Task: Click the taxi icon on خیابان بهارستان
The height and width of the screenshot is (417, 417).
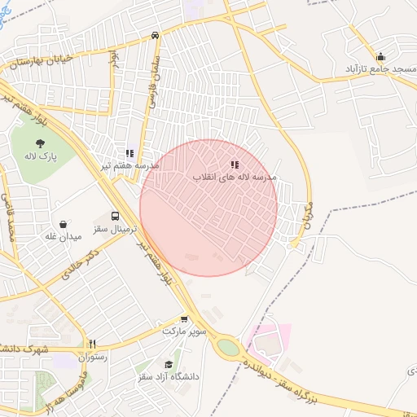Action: pyautogui.click(x=155, y=36)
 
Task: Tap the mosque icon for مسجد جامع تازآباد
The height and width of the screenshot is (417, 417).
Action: pyautogui.click(x=380, y=57)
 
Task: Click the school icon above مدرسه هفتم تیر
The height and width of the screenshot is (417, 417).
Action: pyautogui.click(x=129, y=152)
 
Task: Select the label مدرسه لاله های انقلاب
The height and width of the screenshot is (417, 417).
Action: pyautogui.click(x=235, y=177)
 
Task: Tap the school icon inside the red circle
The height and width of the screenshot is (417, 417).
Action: pyautogui.click(x=235, y=165)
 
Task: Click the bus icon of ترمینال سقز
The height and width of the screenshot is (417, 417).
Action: pyautogui.click(x=115, y=217)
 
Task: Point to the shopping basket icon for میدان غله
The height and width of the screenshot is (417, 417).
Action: pyautogui.click(x=64, y=224)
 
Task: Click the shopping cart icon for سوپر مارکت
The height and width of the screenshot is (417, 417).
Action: pyautogui.click(x=184, y=319)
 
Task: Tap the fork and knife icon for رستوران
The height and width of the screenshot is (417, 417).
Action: pyautogui.click(x=92, y=344)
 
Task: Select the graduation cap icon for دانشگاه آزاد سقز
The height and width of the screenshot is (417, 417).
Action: pyautogui.click(x=169, y=364)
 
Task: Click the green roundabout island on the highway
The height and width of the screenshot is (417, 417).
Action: pyautogui.click(x=229, y=348)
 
